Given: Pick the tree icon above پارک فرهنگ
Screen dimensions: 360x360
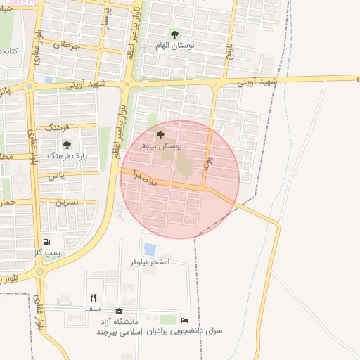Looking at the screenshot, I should coord(67,145).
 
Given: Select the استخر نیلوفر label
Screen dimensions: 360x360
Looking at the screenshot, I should coord(150,262).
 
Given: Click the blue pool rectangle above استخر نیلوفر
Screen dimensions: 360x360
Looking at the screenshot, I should coord(150,249).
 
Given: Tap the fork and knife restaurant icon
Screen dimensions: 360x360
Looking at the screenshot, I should coord(94,297).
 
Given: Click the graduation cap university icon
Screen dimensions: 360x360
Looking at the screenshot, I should coord(119,311).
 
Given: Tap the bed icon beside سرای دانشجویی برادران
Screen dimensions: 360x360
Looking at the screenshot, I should coord(184,321).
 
